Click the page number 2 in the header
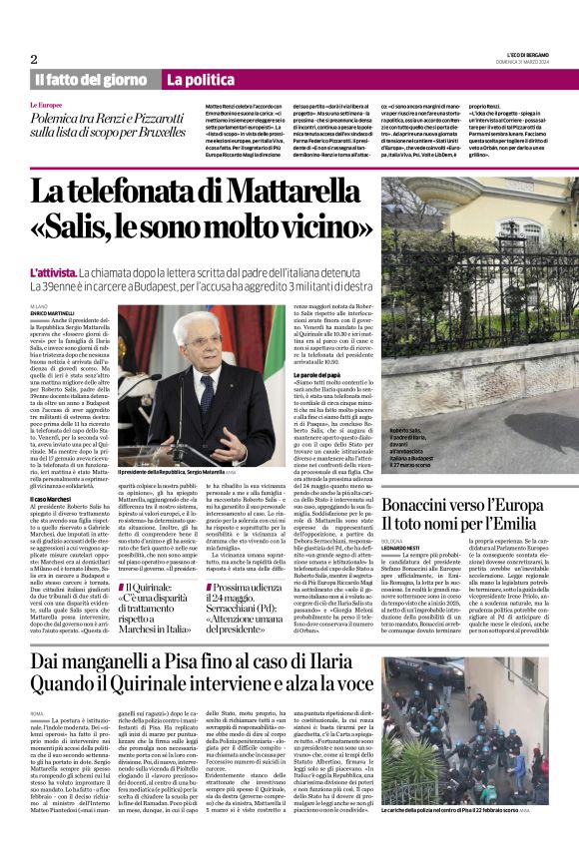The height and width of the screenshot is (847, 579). tap(35, 59)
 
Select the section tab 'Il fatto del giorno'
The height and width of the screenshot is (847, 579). tap(90, 79)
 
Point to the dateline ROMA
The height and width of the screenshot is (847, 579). tap(37, 713)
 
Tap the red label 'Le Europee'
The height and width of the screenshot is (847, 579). tap(47, 104)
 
